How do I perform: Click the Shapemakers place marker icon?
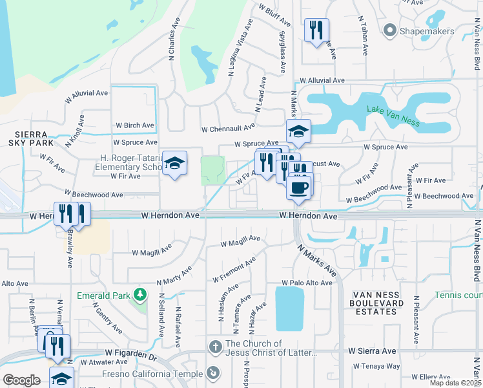pos(389,30)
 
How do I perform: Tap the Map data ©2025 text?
pos(455,383)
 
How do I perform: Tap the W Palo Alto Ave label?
pos(307,283)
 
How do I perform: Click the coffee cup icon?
pos(298,188)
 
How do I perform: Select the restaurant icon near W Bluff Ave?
pos(316,30)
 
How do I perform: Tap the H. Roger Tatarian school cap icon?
pos(174,164)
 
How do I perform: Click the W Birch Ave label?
pos(135,125)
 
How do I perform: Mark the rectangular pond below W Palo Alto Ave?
pos(289,308)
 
